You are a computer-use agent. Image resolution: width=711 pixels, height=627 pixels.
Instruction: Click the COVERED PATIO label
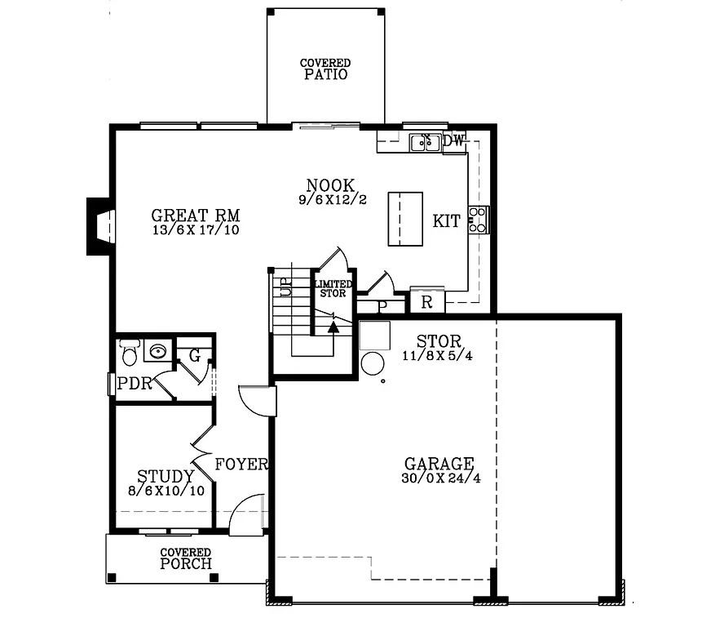coord(325,69)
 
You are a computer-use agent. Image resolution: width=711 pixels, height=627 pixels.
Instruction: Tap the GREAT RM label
coord(196,216)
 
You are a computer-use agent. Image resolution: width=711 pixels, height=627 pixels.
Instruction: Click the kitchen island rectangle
coord(405,218)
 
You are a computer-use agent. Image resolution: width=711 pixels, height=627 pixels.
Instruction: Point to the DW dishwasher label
coord(454,141)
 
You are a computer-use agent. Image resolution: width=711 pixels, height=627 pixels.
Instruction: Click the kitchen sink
coord(425,143)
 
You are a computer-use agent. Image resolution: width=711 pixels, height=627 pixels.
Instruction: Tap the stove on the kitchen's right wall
coord(478,220)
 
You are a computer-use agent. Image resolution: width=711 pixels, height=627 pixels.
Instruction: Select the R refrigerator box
coord(426,301)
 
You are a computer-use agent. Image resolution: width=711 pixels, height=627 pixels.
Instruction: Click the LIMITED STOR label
coord(333,288)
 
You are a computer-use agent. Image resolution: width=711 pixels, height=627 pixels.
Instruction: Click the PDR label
coord(135,384)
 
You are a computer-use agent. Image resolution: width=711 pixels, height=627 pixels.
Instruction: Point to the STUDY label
coord(166,476)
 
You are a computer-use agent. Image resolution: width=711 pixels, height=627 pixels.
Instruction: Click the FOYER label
coord(241,465)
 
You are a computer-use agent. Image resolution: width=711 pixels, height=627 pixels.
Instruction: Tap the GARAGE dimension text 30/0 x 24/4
coord(441,478)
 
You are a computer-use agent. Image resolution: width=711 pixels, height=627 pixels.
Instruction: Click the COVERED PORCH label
coord(186,558)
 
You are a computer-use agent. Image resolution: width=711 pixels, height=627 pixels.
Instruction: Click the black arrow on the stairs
coord(333,327)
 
